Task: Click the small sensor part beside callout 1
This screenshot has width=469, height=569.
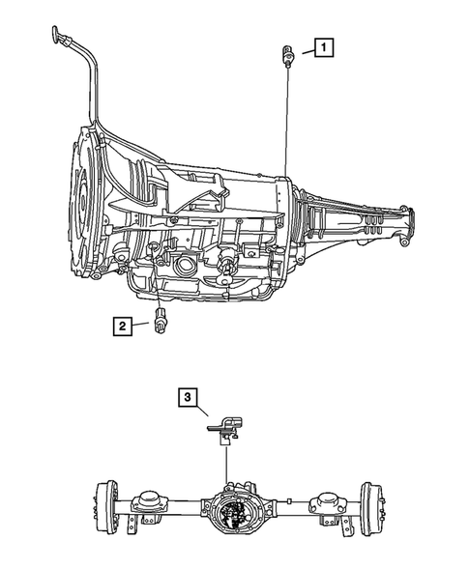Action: point(287,56)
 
